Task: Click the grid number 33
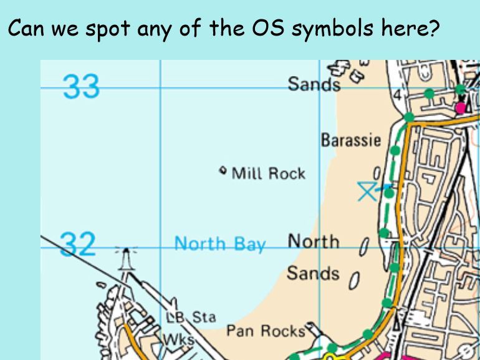pyautogui.click(x=81, y=86)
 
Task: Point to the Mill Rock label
pyautogui.click(x=269, y=173)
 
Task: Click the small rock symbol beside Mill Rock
pyautogui.click(x=223, y=170)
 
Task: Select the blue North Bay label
pyautogui.click(x=219, y=243)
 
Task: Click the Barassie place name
pyautogui.click(x=350, y=140)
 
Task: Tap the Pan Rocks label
pyautogui.click(x=265, y=331)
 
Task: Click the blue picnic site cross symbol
pyautogui.click(x=367, y=191)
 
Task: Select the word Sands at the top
pyautogui.click(x=314, y=84)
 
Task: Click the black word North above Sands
pyautogui.click(x=314, y=241)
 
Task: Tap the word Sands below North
pyautogui.click(x=313, y=273)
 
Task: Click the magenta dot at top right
pyautogui.click(x=461, y=108)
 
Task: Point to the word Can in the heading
pyautogui.click(x=26, y=29)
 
